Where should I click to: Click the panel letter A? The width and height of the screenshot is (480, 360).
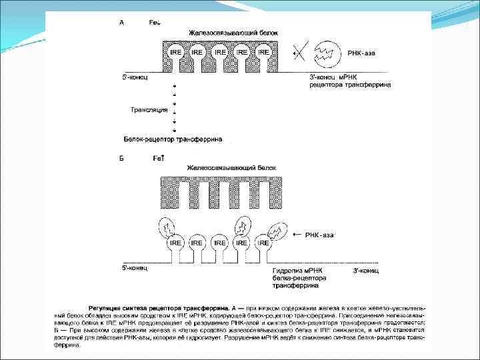tap(121, 22)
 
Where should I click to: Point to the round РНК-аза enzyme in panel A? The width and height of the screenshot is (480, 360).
tap(329, 51)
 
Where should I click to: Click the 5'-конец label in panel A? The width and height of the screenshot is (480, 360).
tap(135, 77)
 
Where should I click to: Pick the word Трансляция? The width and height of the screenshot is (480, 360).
tap(148, 109)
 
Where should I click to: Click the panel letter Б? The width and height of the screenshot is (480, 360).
tap(121, 158)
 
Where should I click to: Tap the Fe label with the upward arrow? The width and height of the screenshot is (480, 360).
tap(158, 158)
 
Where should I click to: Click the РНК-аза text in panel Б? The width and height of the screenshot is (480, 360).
tap(320, 235)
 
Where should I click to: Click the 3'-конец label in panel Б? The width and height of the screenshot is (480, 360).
tap(365, 271)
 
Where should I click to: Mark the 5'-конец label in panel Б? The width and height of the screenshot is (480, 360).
tap(135, 268)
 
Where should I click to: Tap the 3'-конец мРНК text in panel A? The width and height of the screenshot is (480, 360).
tap(336, 77)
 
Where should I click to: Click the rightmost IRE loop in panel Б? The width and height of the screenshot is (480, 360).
tap(264, 243)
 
